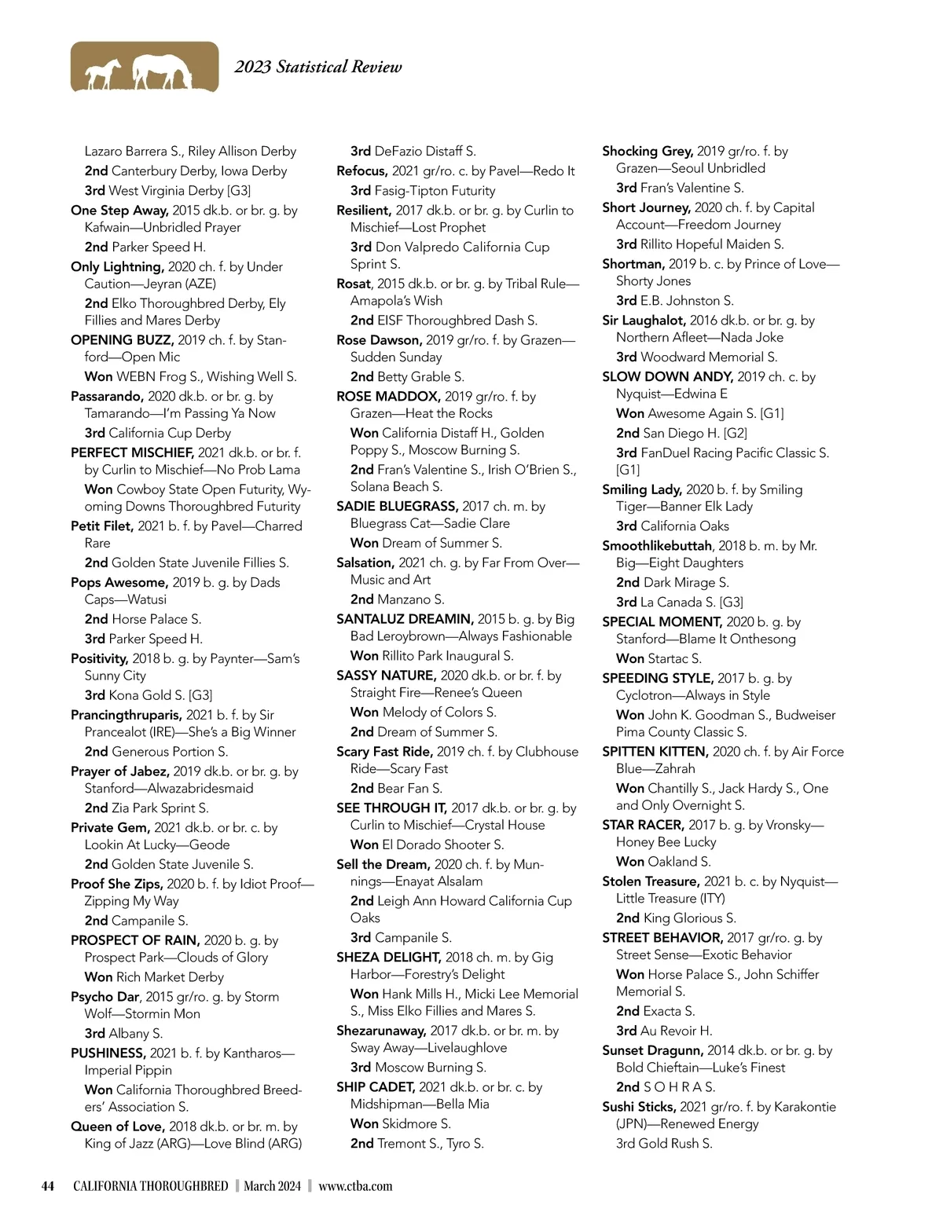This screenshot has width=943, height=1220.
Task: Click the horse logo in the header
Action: (x=145, y=67)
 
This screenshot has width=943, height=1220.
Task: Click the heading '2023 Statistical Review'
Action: (x=317, y=67)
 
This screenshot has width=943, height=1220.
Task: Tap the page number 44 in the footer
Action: (x=48, y=1186)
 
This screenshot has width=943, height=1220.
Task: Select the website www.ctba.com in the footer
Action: (x=355, y=1186)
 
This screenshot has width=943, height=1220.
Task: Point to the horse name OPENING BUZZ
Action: (x=122, y=340)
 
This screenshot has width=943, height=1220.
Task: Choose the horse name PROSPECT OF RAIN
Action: (x=134, y=940)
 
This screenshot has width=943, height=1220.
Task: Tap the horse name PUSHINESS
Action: (x=108, y=1053)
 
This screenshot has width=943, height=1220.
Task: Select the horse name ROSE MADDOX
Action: (x=388, y=397)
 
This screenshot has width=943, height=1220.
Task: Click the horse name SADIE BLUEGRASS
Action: (x=397, y=507)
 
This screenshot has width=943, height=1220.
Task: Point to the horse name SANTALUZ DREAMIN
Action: (x=405, y=619)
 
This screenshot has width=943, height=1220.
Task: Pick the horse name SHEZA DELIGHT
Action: (x=388, y=957)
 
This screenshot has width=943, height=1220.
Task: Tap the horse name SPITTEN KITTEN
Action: (x=655, y=752)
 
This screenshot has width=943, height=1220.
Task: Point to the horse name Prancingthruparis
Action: (x=127, y=715)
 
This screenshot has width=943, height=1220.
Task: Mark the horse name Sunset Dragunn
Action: (x=652, y=1050)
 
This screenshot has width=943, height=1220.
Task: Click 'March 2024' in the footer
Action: (x=272, y=1186)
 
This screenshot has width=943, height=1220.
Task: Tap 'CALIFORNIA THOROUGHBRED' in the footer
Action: (x=150, y=1186)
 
